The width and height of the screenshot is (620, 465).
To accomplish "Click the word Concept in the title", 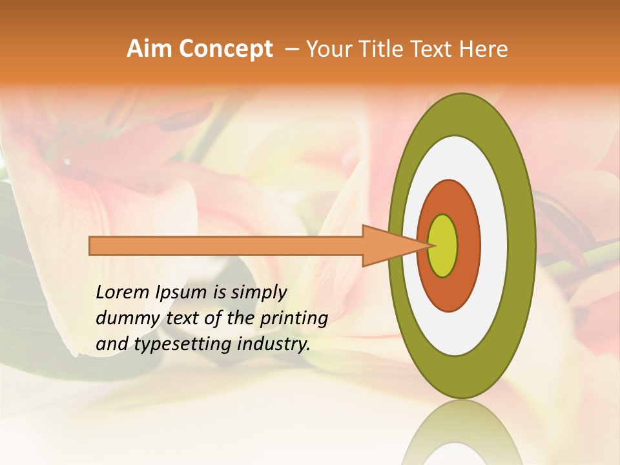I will point(225,49).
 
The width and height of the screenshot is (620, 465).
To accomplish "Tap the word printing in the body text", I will point(294,319).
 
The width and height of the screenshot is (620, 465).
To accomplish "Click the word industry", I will point(273,344).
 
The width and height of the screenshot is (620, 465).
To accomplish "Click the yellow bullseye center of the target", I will point(443,246).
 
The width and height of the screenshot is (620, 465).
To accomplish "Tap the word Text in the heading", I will point(435,49).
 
